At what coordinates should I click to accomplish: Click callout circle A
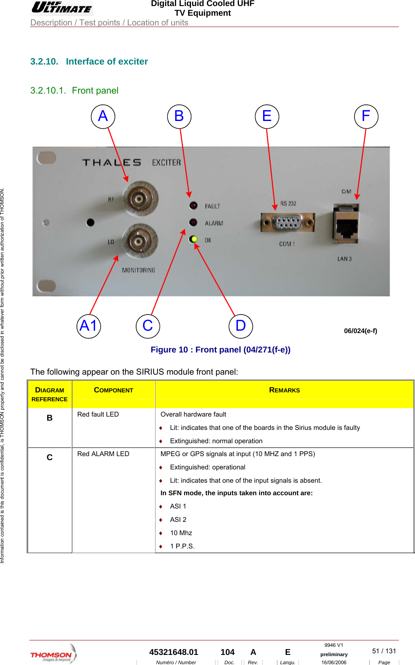coord(103,117)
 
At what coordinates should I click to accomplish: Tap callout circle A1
coord(89,326)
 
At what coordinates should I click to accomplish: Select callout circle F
coord(366,117)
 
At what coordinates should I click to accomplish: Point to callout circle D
coord(241,326)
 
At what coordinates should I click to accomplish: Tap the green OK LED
coord(194,239)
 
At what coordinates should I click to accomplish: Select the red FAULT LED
coord(194,206)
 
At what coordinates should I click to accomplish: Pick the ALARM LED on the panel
coord(194,223)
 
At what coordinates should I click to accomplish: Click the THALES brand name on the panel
coord(112,163)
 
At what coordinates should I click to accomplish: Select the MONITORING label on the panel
coord(138,270)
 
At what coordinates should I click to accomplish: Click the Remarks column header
coord(284,390)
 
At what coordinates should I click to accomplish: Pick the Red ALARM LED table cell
coord(104,454)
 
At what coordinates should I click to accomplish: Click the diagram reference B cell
coord(50,418)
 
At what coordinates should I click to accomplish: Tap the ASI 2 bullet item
coord(178,520)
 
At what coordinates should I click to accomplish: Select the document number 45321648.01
coord(174,652)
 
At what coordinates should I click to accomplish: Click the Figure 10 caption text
coord(220,350)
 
